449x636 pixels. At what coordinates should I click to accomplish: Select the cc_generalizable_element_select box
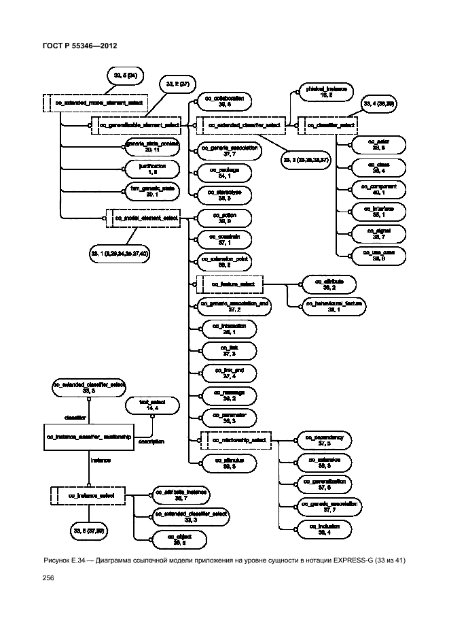139,125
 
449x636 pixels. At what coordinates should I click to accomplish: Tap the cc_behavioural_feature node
335,304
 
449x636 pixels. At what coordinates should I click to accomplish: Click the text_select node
148,405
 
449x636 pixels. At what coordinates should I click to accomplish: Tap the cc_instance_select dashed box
90,497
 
